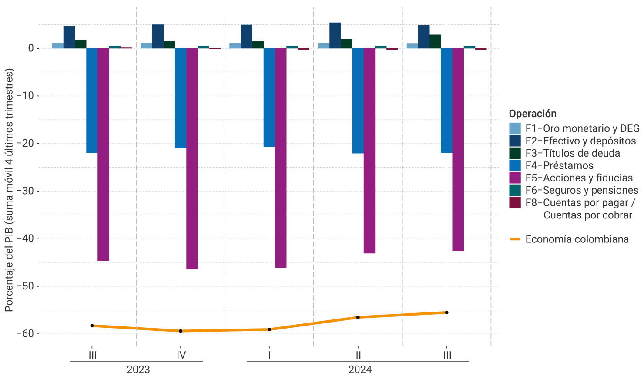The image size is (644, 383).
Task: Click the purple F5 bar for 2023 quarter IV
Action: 192,158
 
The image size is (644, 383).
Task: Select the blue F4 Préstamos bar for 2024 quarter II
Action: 358,101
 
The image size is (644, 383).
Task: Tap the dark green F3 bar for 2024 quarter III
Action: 435,41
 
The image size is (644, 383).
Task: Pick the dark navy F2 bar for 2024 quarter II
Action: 335,35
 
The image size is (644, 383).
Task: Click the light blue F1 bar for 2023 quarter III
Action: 57,45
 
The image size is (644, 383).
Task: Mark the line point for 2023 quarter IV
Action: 181,331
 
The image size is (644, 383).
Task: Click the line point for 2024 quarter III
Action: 446,312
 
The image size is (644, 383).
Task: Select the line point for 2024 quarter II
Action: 358,317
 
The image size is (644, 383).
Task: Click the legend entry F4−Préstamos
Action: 559,166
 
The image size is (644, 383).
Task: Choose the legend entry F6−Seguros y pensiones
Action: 581,190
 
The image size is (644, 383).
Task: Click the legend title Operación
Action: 533,114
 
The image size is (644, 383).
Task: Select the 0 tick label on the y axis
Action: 31,48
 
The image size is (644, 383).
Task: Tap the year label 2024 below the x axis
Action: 360,370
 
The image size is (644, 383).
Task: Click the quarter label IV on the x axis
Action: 181,355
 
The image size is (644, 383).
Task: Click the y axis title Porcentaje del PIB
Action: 9,190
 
